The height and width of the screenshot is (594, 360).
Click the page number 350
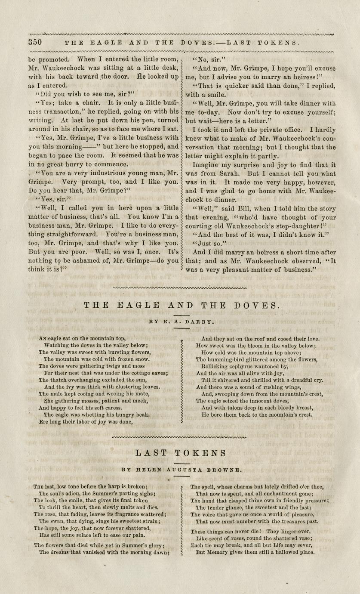35,42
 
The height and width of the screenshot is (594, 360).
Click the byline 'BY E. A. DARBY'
180,321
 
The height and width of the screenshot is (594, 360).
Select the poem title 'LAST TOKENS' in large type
180,453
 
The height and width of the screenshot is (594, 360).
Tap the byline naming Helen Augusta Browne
180,469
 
